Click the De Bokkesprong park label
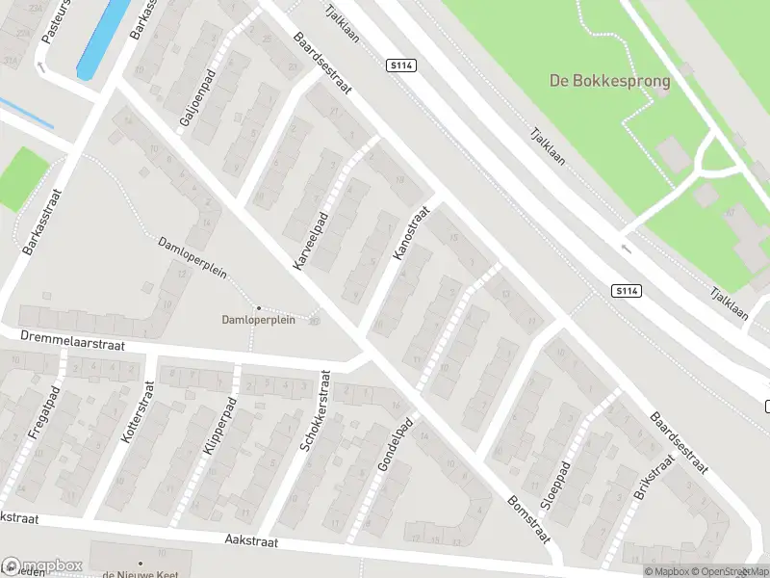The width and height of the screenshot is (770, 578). (x=609, y=81)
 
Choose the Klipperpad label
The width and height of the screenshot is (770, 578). (x=216, y=425)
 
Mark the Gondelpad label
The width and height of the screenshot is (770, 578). (x=395, y=444)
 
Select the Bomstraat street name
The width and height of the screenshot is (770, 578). (x=528, y=516)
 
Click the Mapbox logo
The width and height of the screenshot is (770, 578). (x=41, y=566)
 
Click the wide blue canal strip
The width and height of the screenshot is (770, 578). (x=102, y=38)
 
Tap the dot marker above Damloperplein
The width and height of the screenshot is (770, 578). (x=258, y=307)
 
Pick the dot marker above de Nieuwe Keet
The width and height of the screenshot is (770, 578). (x=141, y=563)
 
